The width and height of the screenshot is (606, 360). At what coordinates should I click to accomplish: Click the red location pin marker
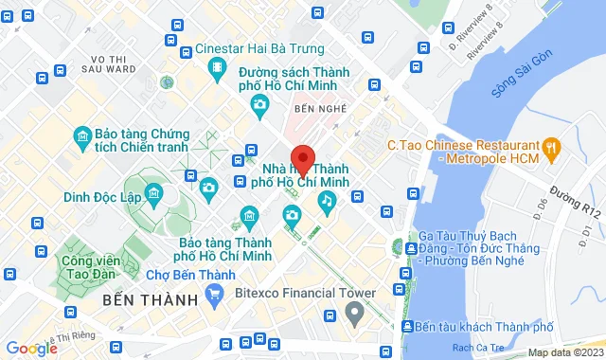(x=302, y=158)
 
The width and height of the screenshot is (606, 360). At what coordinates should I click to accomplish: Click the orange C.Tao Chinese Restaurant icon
(x=555, y=147)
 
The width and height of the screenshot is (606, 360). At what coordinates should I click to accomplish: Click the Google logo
(x=31, y=348)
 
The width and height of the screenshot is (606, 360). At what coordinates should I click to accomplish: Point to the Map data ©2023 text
(x=564, y=352)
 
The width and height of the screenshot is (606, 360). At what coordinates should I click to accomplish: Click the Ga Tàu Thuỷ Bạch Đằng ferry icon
(x=410, y=249)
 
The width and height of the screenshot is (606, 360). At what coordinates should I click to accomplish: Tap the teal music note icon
(x=327, y=200)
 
